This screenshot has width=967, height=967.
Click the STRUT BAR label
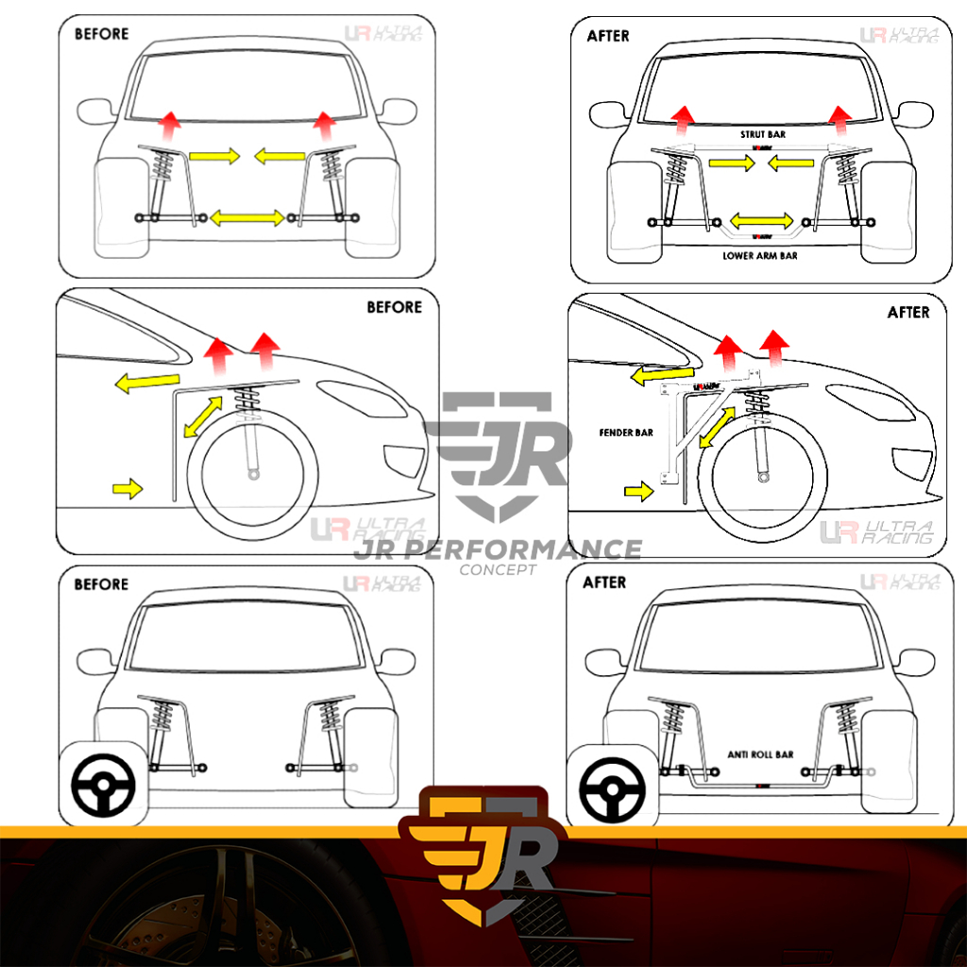762,135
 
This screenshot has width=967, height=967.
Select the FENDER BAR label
625,433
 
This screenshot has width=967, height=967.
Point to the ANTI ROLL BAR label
760,755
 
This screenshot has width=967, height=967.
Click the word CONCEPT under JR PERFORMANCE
497,569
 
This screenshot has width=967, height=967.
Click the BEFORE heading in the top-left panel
101,34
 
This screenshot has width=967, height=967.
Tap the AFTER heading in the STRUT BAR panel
608,36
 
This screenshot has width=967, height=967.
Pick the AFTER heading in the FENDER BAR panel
908,312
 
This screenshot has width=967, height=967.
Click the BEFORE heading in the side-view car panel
394,307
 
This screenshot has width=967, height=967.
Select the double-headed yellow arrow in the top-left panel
246,218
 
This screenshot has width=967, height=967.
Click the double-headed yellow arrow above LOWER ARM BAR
760,220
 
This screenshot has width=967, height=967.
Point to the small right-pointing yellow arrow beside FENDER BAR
639,490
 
